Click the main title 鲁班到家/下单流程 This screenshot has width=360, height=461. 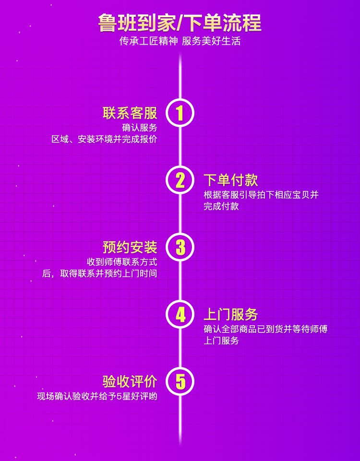[x=180, y=22]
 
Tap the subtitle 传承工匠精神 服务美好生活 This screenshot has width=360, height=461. [x=180, y=41]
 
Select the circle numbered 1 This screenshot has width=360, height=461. [x=180, y=113]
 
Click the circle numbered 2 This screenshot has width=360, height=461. [x=180, y=180]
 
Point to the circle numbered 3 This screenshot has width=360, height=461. [x=180, y=247]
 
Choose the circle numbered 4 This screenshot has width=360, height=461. [x=180, y=314]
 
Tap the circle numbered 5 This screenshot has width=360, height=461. [x=180, y=381]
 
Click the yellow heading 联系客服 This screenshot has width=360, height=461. [x=130, y=113]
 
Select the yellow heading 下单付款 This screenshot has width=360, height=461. [x=231, y=180]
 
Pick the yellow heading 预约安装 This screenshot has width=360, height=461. [x=130, y=248]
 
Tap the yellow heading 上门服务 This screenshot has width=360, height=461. [x=231, y=315]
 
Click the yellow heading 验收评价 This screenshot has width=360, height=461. [x=130, y=382]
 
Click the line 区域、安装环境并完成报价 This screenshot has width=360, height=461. [x=104, y=140]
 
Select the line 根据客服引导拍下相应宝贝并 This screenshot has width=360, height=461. [x=261, y=195]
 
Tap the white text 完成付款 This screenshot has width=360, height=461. [x=221, y=207]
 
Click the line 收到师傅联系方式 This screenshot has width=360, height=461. [x=122, y=262]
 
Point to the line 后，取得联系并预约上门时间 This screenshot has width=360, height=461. [x=99, y=274]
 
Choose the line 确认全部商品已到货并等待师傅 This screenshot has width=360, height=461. [x=265, y=330]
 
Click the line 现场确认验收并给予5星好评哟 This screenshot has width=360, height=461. [x=97, y=397]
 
